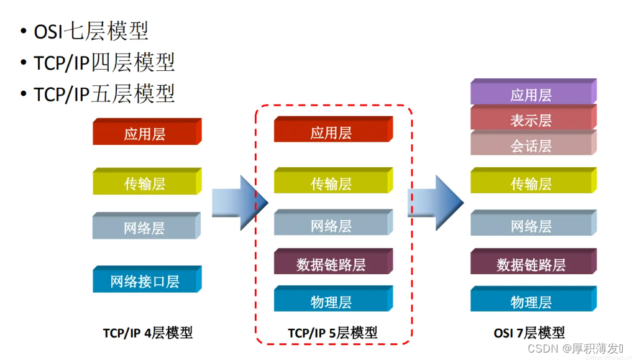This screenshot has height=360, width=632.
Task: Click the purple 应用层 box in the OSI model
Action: pos(531,95)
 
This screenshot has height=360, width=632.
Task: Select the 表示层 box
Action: pos(531,120)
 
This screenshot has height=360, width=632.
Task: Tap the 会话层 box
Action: pos(531,145)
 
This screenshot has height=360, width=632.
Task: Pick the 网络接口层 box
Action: pos(145,281)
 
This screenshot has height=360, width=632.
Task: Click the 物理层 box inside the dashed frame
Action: pos(331,302)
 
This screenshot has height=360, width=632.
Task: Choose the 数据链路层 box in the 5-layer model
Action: pos(331,264)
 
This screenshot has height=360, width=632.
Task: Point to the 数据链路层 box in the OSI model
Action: pos(531,264)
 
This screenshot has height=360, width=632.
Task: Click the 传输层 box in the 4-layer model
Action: pos(145,183)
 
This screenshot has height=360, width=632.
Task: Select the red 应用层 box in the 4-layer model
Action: pos(145,134)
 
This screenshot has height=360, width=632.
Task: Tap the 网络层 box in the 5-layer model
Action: pos(331,226)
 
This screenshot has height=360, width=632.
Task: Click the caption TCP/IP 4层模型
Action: pos(148,333)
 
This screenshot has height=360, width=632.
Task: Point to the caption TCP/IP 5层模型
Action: pos(332,333)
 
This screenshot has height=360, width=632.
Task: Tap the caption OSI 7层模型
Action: pos(529,333)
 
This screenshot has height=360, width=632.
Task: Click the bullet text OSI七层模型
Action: pos(91,31)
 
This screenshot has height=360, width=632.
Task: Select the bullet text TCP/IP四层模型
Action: pos(104,62)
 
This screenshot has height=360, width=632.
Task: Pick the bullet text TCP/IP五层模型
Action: pos(104,94)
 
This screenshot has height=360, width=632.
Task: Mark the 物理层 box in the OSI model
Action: pos(531,302)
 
